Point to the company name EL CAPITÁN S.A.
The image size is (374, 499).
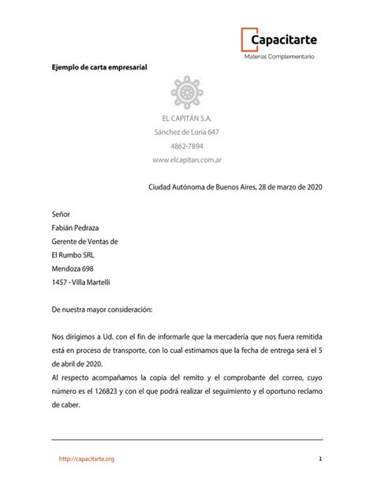click(x=187, y=118)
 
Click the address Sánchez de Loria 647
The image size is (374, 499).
click(x=187, y=132)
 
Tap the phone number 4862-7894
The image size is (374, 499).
click(x=187, y=146)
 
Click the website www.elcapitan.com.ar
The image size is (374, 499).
click(x=187, y=160)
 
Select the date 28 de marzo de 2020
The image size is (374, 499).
click(x=282, y=187)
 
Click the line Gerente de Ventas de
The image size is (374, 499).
click(x=84, y=242)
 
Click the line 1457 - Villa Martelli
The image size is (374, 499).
click(x=81, y=283)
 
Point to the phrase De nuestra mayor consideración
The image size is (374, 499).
click(x=102, y=310)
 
